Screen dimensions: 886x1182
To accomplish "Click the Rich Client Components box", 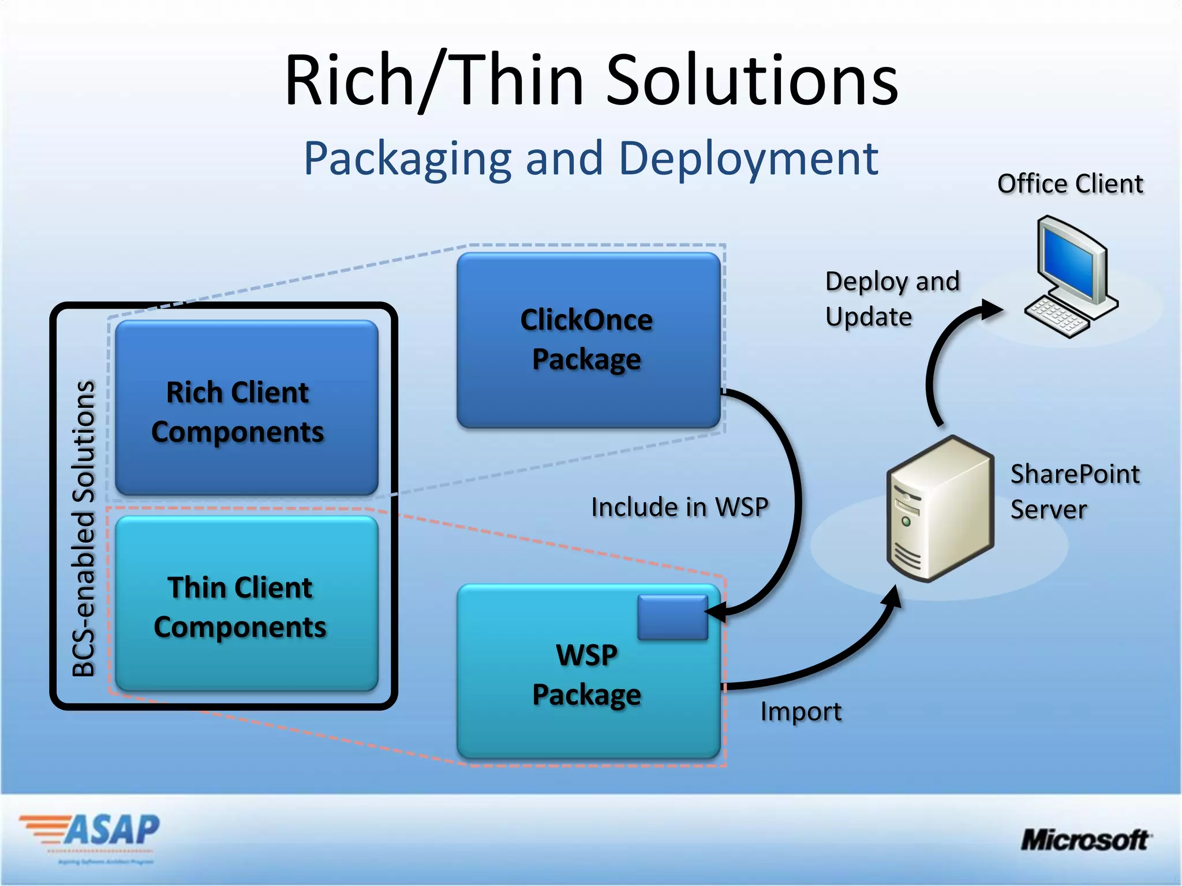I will pos(246,408).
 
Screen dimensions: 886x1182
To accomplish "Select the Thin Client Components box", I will pos(246,604).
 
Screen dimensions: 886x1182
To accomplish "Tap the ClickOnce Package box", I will pos(588,340).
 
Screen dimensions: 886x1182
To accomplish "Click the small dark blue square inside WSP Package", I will pos(672,617).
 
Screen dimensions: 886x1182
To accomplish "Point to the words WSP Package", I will pos(586,675).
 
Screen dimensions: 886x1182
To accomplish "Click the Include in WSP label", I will pos(680,508).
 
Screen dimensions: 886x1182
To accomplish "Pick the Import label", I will pos(801,712).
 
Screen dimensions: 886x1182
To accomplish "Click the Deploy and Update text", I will pos(892,299).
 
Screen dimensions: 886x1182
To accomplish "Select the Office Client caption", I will pos(1070,184).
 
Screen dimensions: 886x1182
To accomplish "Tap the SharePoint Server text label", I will pos(1075,491).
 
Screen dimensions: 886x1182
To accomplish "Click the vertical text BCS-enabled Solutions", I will pos(84,528).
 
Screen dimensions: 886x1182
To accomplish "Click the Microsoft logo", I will pos(1085,840).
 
